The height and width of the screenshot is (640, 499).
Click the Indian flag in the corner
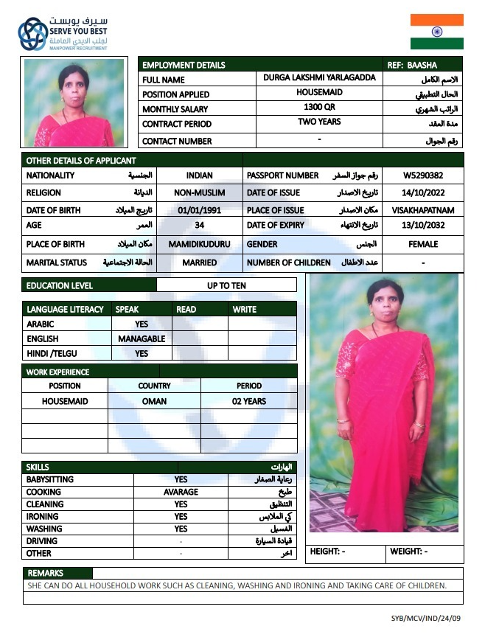(x=437, y=31)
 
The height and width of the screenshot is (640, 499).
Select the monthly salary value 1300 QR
(x=318, y=108)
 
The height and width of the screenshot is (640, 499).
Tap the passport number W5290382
(x=423, y=176)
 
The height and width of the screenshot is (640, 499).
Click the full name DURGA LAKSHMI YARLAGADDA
(x=318, y=78)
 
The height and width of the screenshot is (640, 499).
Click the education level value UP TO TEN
(x=227, y=285)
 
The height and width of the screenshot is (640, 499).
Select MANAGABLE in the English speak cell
(x=142, y=339)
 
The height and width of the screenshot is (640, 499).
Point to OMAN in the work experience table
(x=154, y=401)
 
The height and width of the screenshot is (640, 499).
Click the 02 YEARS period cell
(x=249, y=401)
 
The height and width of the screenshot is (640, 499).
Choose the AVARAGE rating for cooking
(x=181, y=492)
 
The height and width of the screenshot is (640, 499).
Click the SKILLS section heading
(x=38, y=467)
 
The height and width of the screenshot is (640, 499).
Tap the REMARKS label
(x=46, y=573)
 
